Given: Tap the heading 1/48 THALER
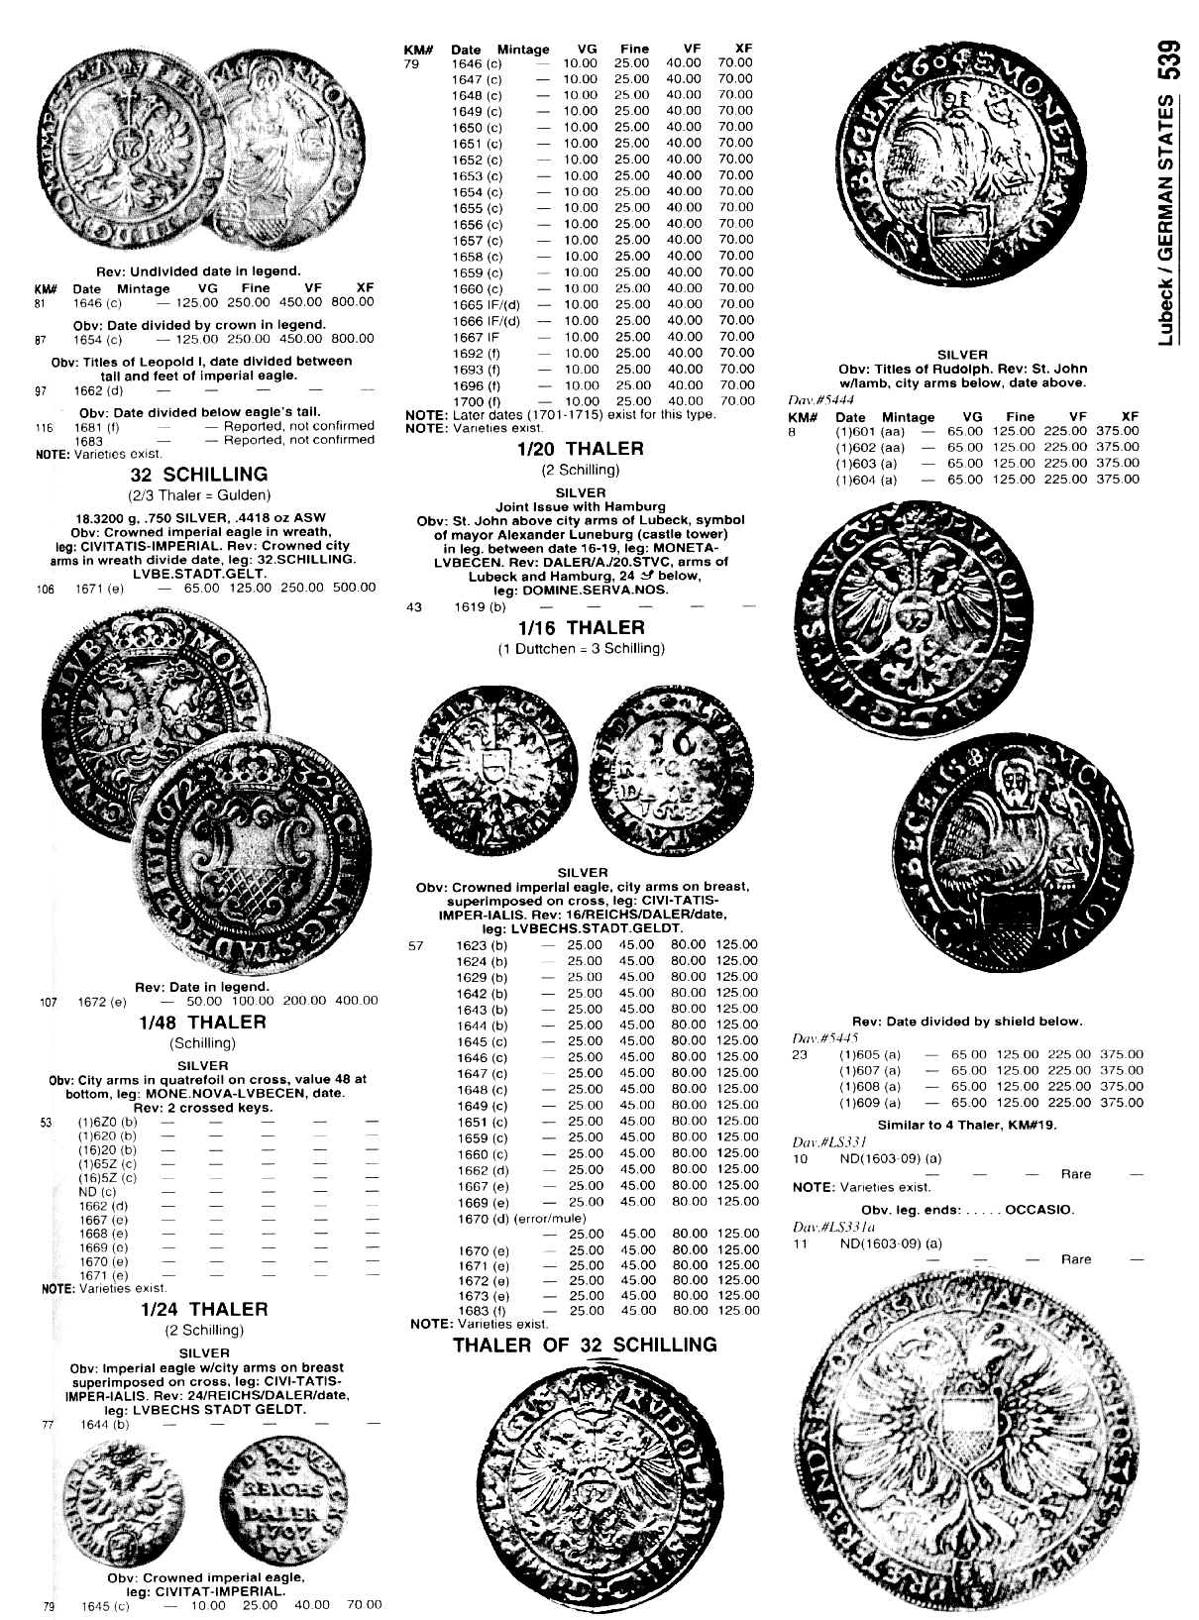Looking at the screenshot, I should click(x=203, y=1023).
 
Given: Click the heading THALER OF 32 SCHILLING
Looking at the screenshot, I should click(x=585, y=1345).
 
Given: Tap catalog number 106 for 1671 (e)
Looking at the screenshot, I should click(x=45, y=589).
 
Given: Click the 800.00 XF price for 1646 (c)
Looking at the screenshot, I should click(x=353, y=302).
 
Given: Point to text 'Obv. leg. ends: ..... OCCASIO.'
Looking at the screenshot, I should click(x=967, y=1210).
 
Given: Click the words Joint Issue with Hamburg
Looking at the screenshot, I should click(x=580, y=506).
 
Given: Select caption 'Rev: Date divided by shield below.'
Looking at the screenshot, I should click(x=967, y=1022).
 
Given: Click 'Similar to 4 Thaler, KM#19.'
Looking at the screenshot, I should click(x=967, y=1125).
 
